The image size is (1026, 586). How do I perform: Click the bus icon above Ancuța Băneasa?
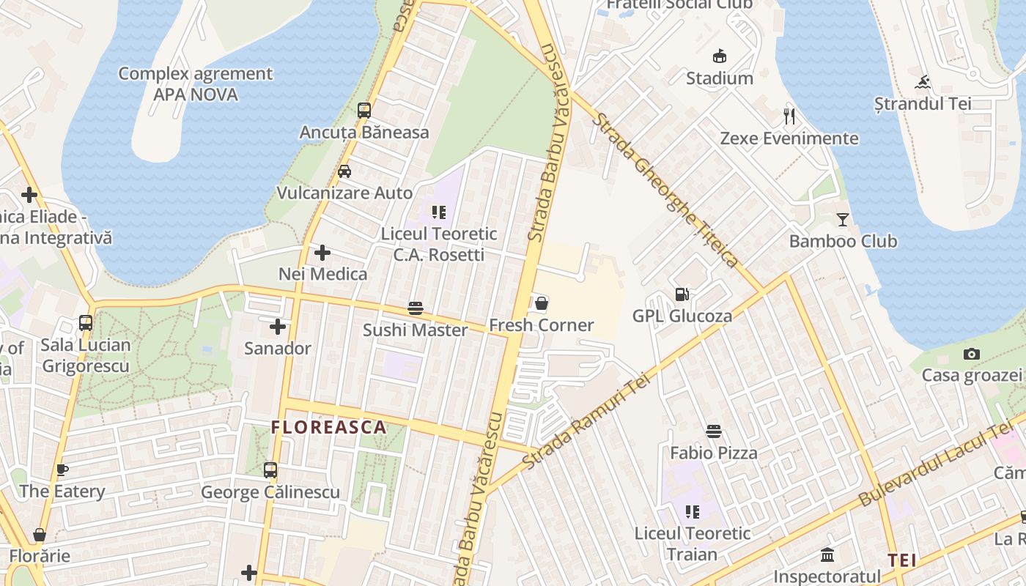coord(364,111)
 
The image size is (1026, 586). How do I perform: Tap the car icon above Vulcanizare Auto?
coord(344,171)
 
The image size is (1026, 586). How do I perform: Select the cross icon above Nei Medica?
coord(322,253)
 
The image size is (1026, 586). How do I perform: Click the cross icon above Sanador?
coord(278,327)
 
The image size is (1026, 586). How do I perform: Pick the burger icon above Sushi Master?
coord(416,308)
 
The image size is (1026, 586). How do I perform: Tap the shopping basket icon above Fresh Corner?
coord(542,303)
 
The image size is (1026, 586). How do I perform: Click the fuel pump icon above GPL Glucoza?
coord(682,294)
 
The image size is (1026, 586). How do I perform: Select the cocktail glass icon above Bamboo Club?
coord(843,219)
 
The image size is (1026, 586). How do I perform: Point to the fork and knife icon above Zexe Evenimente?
coord(789,116)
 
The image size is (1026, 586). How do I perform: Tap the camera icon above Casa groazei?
coord(972,355)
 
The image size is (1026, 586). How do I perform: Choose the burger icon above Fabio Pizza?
coord(714,431)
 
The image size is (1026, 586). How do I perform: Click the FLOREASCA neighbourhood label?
coord(328,427)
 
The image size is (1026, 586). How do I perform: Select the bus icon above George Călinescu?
coord(270,470)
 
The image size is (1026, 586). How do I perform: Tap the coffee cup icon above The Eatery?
coord(62,470)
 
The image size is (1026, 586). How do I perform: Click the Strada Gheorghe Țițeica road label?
coord(665,190)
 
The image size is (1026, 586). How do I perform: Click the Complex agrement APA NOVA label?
coord(195,84)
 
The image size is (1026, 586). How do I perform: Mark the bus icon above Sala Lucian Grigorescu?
coord(86,323)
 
